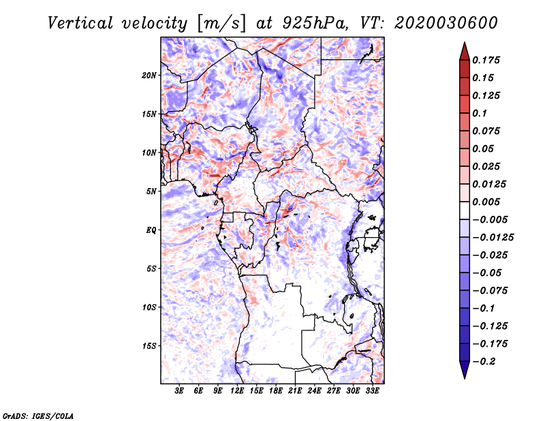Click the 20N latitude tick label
coord(149,76)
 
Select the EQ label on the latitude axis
coord(151,230)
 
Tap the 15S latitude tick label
coord(149,346)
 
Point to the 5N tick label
coord(151,191)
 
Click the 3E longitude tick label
coord(179,391)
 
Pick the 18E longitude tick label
coord(276,391)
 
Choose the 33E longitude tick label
coord(372,391)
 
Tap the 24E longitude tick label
coord(314,391)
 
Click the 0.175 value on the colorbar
coord(486,61)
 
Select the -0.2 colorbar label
coord(484,362)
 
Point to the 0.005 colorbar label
coord(486,202)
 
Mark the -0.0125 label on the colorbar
coord(493,238)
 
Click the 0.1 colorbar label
coord(480,113)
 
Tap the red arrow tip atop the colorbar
coord(465,42)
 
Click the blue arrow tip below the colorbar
coord(465,378)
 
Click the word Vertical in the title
coord(80,23)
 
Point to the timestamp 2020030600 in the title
coord(446,23)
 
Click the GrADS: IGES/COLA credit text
coord(38,416)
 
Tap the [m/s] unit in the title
coord(221,24)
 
